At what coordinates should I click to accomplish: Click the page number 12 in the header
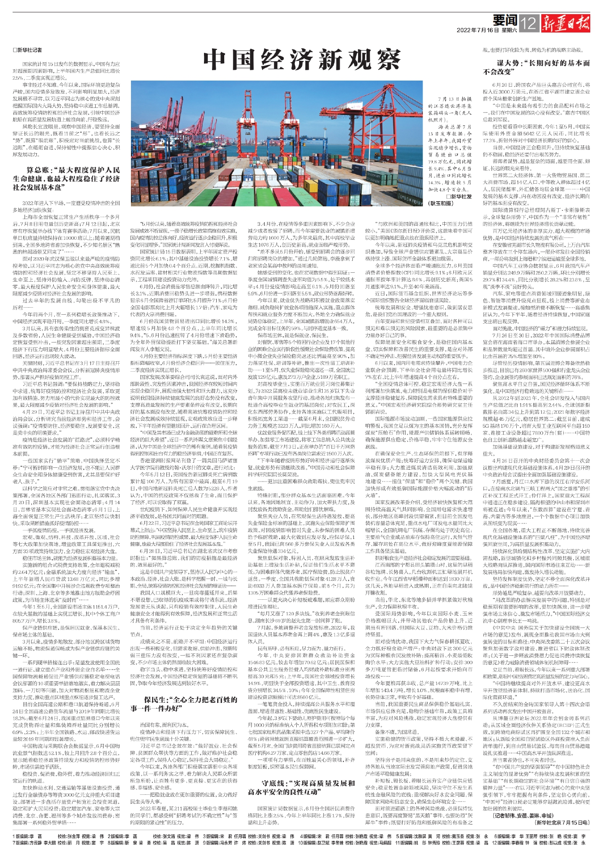coord(530,22)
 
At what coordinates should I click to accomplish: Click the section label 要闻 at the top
coord(505,20)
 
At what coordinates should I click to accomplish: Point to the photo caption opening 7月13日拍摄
coord(455,99)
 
